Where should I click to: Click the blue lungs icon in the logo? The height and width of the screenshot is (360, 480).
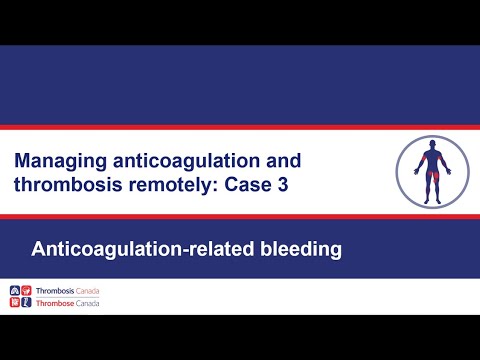(13, 291)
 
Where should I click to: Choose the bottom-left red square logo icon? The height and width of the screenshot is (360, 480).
(13, 302)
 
